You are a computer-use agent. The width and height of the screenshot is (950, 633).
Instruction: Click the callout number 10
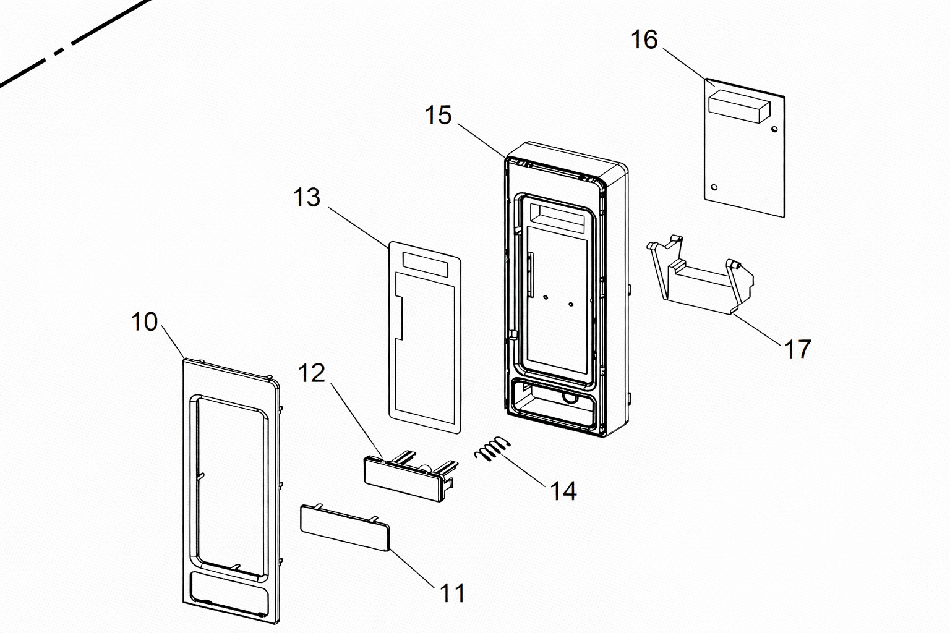(x=144, y=322)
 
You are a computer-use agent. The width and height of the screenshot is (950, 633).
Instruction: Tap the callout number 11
(x=453, y=593)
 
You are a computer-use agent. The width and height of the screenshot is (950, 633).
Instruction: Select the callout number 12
(x=312, y=373)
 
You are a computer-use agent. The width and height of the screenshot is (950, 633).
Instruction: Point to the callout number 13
(x=307, y=197)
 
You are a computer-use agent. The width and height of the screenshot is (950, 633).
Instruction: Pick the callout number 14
(x=563, y=491)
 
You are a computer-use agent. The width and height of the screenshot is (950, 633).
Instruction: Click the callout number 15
(x=438, y=115)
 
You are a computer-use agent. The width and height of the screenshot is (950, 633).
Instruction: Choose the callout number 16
(x=644, y=40)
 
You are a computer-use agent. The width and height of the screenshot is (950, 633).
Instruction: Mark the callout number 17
(x=798, y=349)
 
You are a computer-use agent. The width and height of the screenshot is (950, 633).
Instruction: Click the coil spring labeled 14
(x=492, y=448)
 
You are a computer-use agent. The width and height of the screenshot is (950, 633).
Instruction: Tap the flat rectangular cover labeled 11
(x=344, y=527)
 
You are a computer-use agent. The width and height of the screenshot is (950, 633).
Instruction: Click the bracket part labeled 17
(x=700, y=276)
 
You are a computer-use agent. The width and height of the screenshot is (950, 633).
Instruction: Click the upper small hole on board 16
(x=774, y=129)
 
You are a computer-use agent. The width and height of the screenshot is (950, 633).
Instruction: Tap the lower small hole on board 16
(x=714, y=187)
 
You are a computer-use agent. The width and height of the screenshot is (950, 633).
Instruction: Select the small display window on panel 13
(x=426, y=265)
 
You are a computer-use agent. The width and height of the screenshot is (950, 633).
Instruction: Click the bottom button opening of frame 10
(x=229, y=593)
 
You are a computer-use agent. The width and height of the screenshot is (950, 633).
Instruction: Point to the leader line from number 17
(x=758, y=330)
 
